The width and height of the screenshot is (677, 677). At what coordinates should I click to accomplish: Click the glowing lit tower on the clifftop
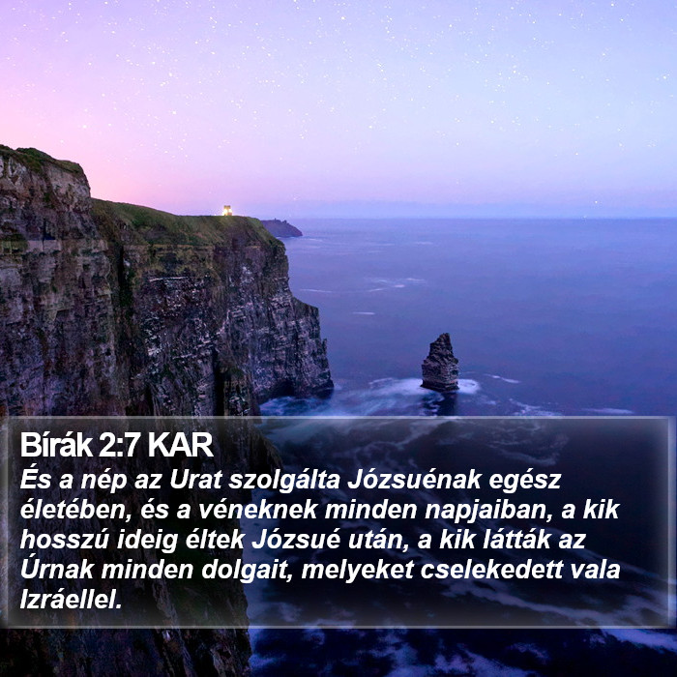227,210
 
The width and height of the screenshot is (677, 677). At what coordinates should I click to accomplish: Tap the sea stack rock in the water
439,363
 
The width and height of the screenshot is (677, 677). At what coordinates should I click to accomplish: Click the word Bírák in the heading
56,445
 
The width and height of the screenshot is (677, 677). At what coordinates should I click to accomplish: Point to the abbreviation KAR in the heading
181,445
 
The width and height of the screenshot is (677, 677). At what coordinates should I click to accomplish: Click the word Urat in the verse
195,480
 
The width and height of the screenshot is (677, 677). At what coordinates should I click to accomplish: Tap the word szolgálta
284,481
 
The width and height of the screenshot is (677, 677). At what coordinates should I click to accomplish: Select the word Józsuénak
414,480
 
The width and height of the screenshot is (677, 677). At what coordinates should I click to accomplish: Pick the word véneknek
258,510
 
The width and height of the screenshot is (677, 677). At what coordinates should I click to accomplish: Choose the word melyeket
358,570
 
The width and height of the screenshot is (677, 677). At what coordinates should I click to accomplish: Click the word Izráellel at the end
72,600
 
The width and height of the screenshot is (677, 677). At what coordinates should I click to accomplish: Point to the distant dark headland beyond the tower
281,228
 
